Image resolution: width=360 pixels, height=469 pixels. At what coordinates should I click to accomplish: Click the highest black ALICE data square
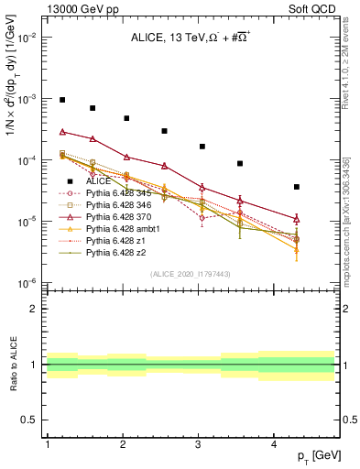[x=63, y=100]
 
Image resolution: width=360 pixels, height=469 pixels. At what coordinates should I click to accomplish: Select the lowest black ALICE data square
[x=296, y=187]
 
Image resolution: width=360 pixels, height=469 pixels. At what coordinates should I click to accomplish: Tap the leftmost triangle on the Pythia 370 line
[x=63, y=132]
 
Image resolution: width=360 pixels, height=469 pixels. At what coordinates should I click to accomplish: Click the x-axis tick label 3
[x=199, y=443]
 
